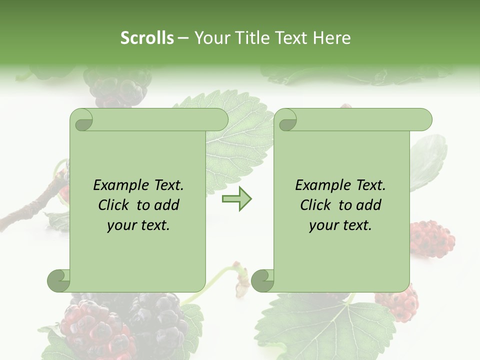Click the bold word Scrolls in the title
147,38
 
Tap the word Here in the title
332,38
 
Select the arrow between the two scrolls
236,199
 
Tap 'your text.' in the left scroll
138,225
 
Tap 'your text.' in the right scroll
340,225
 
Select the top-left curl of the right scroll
286,120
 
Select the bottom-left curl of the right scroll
263,280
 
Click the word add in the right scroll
369,205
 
